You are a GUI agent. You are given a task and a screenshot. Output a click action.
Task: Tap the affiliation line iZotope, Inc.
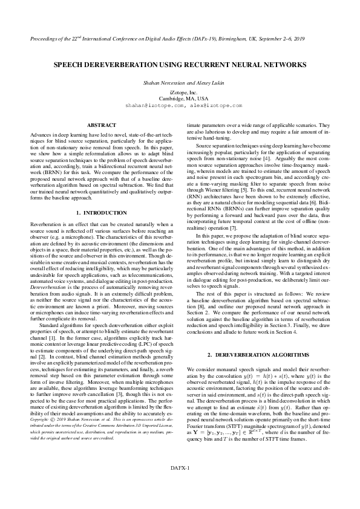coord(180,92)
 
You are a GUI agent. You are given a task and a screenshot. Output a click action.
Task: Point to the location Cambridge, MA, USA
coord(180,98)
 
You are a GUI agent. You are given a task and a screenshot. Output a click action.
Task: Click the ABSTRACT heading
coord(102,125)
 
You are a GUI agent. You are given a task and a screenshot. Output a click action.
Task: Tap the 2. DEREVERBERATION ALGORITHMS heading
coord(258,353)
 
